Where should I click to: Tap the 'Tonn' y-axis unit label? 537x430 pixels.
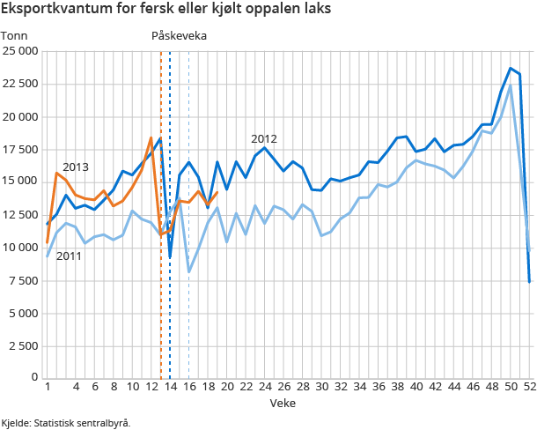14,35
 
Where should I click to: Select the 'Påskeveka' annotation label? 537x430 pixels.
180,35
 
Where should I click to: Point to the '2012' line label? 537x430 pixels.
264,138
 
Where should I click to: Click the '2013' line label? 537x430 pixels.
76,167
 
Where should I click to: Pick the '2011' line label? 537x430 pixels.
70,256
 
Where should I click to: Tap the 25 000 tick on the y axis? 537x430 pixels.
19,51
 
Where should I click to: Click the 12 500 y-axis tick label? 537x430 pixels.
19,214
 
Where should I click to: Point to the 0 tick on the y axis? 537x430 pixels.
34,377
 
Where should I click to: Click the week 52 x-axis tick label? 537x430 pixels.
529,387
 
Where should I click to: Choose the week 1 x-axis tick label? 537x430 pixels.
47,387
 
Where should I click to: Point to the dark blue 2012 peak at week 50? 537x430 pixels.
511,68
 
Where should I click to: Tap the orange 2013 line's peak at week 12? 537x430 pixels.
151,137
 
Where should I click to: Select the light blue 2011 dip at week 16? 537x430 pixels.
188,271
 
